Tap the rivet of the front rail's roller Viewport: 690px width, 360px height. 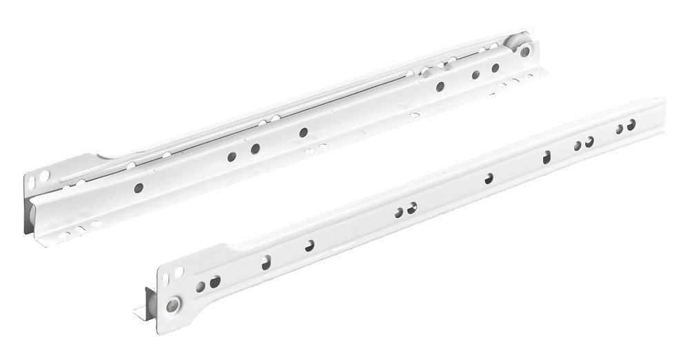tap(172, 304)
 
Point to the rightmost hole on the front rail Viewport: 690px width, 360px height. tap(631, 125)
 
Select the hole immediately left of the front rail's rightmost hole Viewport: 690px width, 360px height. tap(619, 129)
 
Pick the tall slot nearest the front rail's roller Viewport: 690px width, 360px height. tap(266, 262)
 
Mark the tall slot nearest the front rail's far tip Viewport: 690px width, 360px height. tap(546, 157)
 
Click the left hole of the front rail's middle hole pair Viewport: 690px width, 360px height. tap(400, 212)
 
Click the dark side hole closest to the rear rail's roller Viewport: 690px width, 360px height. tap(495, 68)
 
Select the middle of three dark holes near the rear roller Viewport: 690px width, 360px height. tap(475, 74)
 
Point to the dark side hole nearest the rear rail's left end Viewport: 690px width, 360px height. tap(139, 187)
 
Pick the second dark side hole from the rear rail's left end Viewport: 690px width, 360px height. tap(232, 157)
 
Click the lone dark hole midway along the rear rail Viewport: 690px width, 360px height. tap(303, 132)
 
